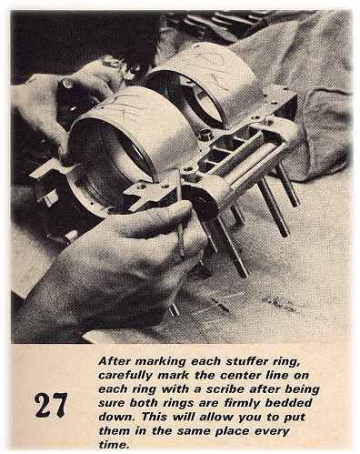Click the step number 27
pos(50,406)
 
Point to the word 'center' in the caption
pos(240,376)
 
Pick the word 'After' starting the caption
pos(115,361)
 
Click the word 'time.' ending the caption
pos(114,445)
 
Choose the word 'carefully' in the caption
pos(125,376)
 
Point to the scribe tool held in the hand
pos(180,226)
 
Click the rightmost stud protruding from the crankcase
pos(288,185)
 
